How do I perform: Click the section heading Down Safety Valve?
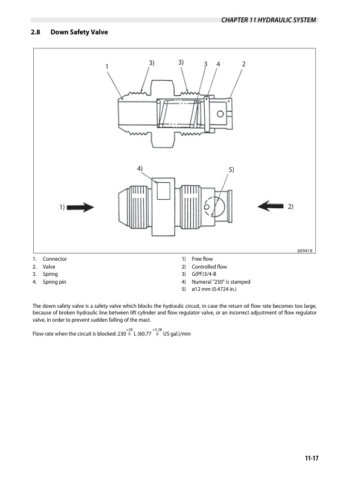79,32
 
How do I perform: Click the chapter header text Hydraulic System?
287,20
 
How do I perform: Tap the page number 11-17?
312,458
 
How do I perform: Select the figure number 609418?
305,250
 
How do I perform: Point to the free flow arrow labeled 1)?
80,207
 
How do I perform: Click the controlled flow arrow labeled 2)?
271,206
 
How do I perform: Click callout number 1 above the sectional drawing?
107,66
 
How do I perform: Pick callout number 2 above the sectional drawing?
243,64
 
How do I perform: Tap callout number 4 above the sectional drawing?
218,64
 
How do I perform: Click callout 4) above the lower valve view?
140,168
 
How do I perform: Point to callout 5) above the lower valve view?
231,170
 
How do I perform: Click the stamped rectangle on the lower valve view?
164,191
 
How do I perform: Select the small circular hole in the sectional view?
220,114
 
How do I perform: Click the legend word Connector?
54,259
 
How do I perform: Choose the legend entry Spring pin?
54,282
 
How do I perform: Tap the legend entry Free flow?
202,259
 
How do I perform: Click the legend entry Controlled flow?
209,267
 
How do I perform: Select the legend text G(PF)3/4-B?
204,274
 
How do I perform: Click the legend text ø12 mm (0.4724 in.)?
214,289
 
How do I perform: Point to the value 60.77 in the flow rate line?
146,334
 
